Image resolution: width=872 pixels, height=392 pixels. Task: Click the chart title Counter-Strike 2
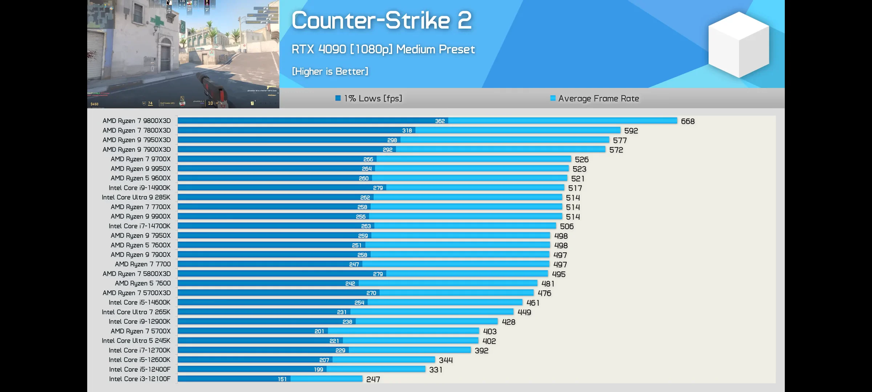click(x=381, y=21)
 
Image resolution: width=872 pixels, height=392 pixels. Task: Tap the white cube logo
click(x=739, y=44)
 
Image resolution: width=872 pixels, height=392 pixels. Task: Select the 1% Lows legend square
click(x=338, y=98)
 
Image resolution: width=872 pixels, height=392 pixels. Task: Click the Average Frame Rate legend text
click(x=598, y=98)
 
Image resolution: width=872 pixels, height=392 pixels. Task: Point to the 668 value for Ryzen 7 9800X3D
click(x=687, y=121)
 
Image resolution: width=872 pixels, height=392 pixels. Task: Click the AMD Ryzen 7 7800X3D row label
click(x=137, y=130)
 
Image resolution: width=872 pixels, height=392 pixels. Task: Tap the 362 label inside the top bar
click(x=440, y=121)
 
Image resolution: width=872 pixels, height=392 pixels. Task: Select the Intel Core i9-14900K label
click(x=140, y=188)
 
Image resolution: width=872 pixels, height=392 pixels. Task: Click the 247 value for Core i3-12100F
click(x=373, y=379)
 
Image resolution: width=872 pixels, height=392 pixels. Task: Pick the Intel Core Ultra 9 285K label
click(x=136, y=197)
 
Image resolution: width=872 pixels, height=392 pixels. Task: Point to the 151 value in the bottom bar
click(x=282, y=379)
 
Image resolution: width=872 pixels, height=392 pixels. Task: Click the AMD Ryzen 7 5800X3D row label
click(x=137, y=274)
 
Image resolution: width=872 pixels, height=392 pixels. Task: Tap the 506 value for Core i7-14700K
click(x=566, y=226)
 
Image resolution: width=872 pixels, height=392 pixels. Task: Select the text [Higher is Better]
click(x=330, y=71)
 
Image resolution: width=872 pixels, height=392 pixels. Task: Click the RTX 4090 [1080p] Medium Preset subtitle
click(x=383, y=49)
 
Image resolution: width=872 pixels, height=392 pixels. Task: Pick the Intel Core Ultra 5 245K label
click(x=136, y=340)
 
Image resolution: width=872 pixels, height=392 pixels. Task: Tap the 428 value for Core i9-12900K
click(x=508, y=322)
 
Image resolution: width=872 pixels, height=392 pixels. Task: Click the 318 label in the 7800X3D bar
click(x=407, y=131)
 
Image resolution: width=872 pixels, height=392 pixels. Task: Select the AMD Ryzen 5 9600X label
click(x=141, y=178)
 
